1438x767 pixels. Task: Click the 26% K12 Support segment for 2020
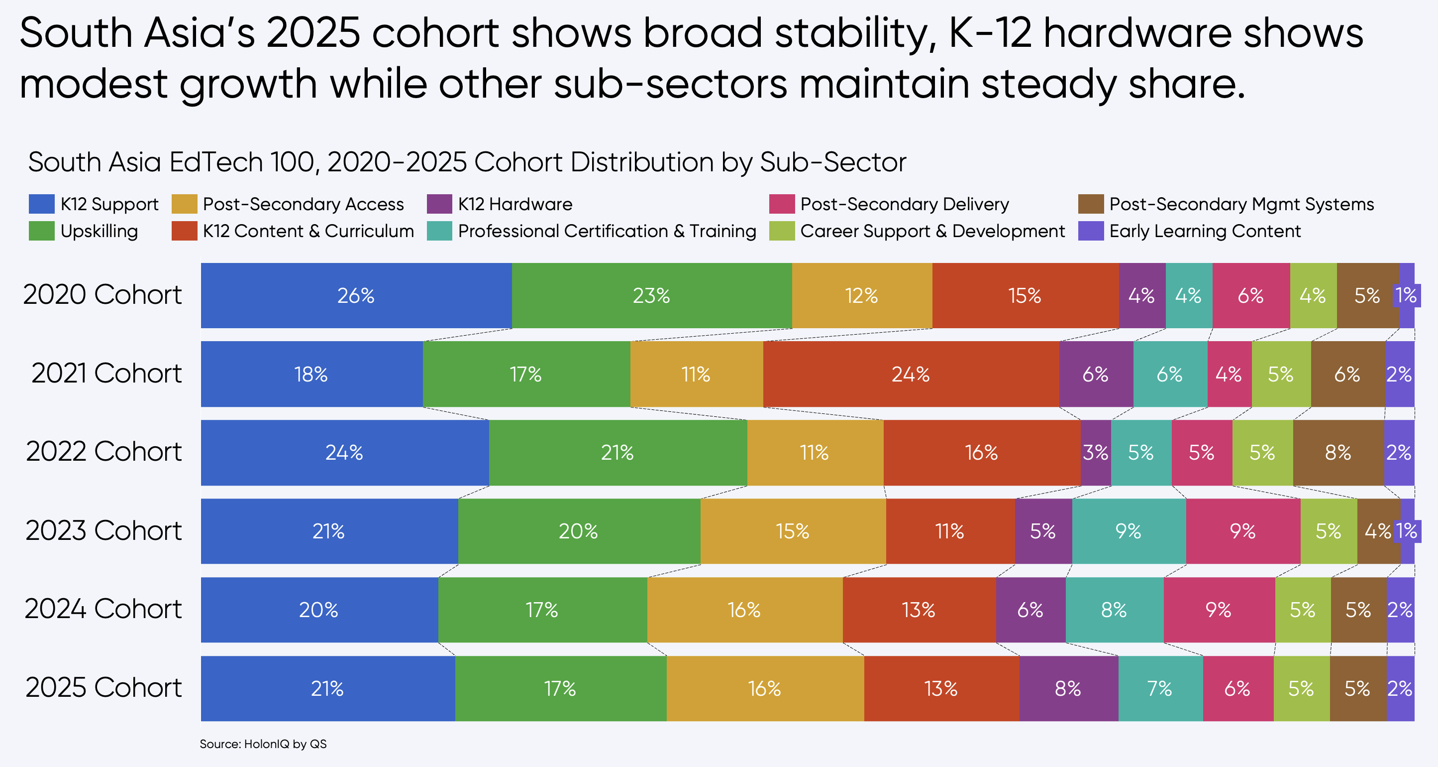click(x=356, y=295)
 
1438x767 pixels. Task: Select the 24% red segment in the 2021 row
click(x=911, y=374)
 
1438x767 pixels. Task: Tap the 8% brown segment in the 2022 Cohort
click(x=1338, y=453)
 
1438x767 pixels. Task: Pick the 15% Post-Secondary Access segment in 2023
click(x=793, y=531)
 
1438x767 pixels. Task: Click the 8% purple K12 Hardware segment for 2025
click(x=1068, y=688)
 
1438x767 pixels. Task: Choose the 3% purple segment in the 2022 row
click(x=1095, y=453)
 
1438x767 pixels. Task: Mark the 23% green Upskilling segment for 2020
click(x=651, y=295)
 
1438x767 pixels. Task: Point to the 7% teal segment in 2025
click(x=1160, y=688)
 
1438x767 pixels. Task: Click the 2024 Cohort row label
click(x=103, y=609)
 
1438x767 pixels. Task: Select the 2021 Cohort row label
click(x=106, y=373)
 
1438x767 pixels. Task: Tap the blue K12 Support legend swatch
click(x=41, y=204)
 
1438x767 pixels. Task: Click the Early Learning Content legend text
click(x=1205, y=231)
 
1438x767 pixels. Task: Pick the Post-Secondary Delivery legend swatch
click(x=781, y=204)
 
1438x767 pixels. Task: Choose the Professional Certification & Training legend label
click(x=607, y=231)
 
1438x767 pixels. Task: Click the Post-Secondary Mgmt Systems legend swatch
click(x=1091, y=204)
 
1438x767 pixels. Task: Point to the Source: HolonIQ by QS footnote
click(x=263, y=744)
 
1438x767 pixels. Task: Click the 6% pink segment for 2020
click(x=1250, y=295)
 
